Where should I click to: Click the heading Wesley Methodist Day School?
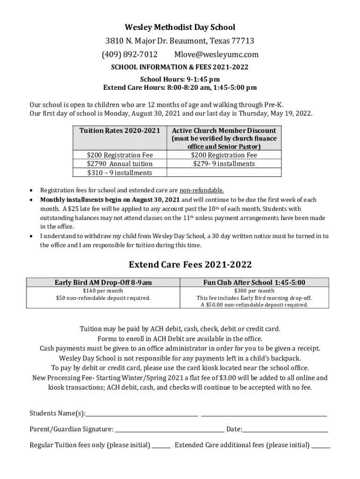[x=180, y=28]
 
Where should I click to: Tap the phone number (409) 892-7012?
[x=130, y=54]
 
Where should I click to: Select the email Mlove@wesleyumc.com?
[x=216, y=54]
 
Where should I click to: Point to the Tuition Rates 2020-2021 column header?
[x=120, y=131]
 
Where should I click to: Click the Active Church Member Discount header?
[x=224, y=131]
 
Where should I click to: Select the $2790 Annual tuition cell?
[x=120, y=164]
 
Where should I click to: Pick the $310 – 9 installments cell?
[x=120, y=173]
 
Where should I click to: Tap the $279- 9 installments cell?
[x=224, y=164]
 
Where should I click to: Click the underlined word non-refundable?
[x=202, y=190]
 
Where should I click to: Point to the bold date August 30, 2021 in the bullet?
[x=152, y=200]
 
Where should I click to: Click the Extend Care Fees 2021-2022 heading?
[x=190, y=265]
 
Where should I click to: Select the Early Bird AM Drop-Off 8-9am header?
[x=103, y=282]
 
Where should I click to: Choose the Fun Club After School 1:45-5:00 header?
[x=254, y=282]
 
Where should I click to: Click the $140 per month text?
[x=103, y=290]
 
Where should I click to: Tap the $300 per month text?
[x=254, y=290]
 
